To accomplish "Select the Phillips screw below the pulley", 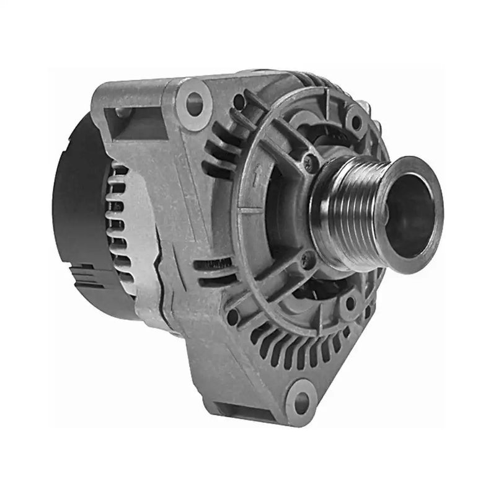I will [x=306, y=261].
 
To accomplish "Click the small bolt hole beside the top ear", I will [x=238, y=99].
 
